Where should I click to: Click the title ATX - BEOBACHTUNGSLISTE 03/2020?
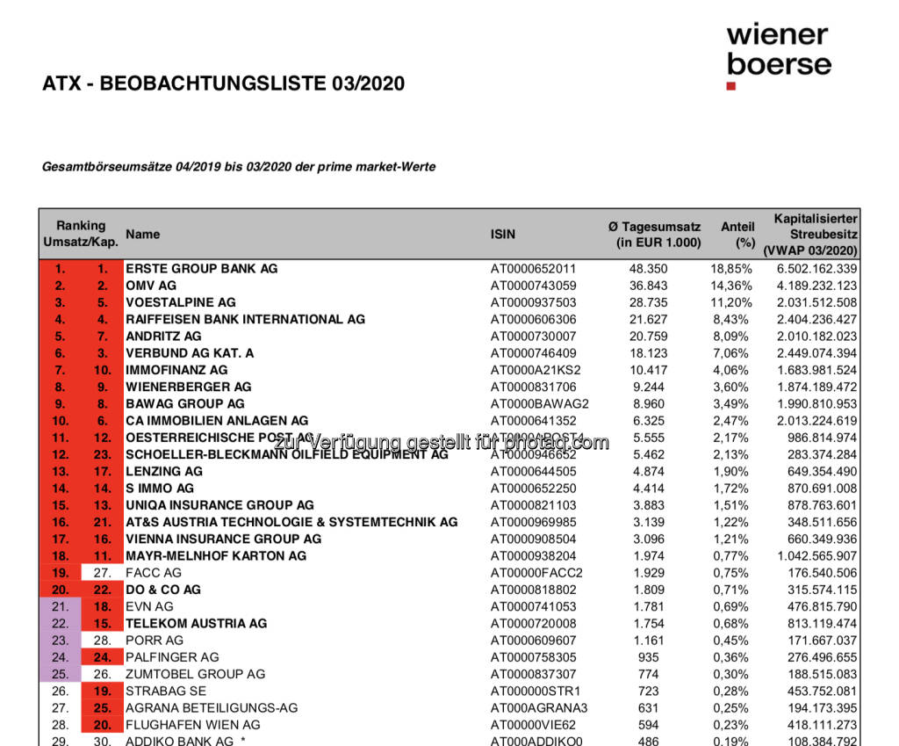[224, 84]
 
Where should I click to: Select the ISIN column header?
[503, 235]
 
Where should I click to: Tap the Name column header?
[143, 234]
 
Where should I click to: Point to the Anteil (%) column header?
[737, 235]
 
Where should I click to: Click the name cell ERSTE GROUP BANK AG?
[201, 269]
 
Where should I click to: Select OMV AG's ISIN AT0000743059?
[533, 286]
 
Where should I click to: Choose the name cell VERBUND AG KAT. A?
[190, 352]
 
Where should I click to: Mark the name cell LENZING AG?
[164, 471]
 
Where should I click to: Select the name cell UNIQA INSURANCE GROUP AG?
[219, 505]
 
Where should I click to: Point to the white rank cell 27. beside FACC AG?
[103, 572]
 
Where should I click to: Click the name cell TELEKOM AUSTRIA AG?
[196, 623]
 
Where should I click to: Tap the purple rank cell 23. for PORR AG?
[60, 640]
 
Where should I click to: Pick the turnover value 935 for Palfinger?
[688, 656]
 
